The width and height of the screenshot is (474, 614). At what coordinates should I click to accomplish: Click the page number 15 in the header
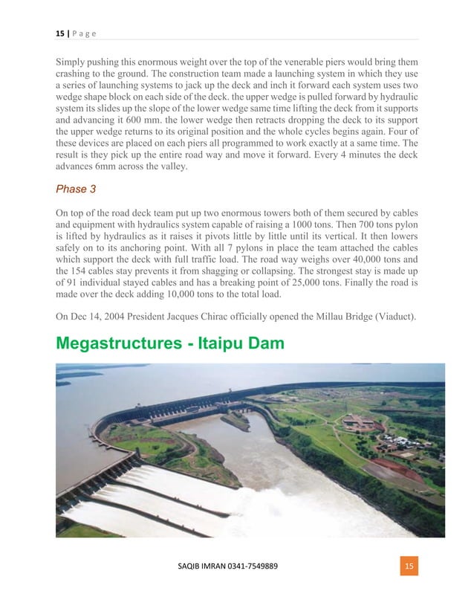pos(59,33)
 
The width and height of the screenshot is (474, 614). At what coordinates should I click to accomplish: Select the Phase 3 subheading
pos(76,189)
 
